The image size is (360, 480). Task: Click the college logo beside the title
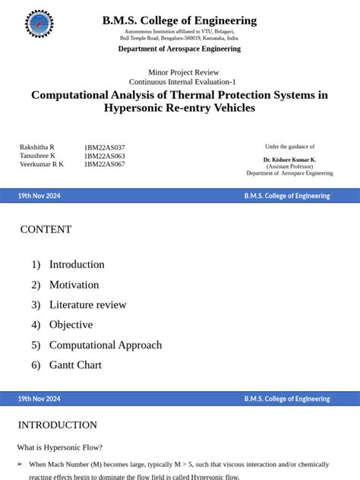click(39, 24)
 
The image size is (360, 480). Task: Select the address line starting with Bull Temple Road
click(179, 37)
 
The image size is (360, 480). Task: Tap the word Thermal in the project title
click(224, 95)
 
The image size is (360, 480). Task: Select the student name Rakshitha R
click(37, 147)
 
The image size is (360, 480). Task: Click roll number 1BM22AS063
click(105, 156)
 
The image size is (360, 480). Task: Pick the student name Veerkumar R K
click(42, 164)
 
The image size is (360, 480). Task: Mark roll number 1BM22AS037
click(105, 147)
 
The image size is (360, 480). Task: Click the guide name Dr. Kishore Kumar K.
click(289, 160)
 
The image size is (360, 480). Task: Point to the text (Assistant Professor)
click(289, 166)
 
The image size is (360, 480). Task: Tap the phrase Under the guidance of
click(289, 147)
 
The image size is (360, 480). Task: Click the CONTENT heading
click(46, 229)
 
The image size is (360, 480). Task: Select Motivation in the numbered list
click(74, 285)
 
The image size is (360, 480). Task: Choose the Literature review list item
click(87, 305)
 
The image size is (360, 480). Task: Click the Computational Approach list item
click(106, 345)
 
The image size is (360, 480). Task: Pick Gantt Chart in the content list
click(75, 365)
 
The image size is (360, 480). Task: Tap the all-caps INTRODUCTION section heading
click(58, 425)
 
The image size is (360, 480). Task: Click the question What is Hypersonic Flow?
click(60, 447)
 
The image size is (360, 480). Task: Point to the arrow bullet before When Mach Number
click(20, 464)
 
